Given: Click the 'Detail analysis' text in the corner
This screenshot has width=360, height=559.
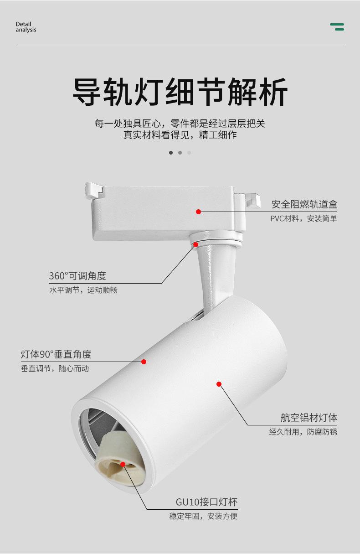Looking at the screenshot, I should pos(26,27).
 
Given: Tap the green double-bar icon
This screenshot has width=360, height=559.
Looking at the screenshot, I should pos(337,27).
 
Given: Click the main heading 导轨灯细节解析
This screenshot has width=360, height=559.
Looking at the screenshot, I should pos(180,92).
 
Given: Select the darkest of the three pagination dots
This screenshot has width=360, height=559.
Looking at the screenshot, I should pos(171,153).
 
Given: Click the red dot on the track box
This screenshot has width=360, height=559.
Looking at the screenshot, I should pos(199,212).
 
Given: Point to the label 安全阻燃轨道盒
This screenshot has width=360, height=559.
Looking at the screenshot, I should pos(304,204).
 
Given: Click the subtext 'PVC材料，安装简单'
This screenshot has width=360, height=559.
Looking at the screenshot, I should pos(303,218).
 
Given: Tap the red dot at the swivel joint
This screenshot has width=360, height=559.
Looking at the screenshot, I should pos(195,244).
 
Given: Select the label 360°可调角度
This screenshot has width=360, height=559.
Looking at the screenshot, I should pos(77,276).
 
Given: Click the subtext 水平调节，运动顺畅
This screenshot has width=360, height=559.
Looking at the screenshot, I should pos(83,290).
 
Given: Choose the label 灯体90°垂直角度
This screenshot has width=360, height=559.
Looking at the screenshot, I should pos(56,354).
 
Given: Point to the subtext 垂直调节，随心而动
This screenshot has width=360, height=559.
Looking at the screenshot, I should pos(55,368).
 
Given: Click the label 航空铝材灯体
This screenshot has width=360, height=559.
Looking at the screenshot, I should pos(309,417).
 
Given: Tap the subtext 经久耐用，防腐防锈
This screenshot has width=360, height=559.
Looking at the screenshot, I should pos(303,432).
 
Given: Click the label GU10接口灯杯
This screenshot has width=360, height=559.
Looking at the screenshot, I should pos(207,502).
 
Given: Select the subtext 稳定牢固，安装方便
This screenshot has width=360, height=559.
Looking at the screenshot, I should pos(203,516).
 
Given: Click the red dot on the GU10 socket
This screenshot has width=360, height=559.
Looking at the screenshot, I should pos(123,464).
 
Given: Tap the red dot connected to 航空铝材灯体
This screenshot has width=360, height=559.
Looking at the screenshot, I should pos(219,384).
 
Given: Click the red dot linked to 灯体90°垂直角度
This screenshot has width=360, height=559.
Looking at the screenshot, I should pos(144,362).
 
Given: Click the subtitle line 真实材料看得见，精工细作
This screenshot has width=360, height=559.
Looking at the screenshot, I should pos(180,135).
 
